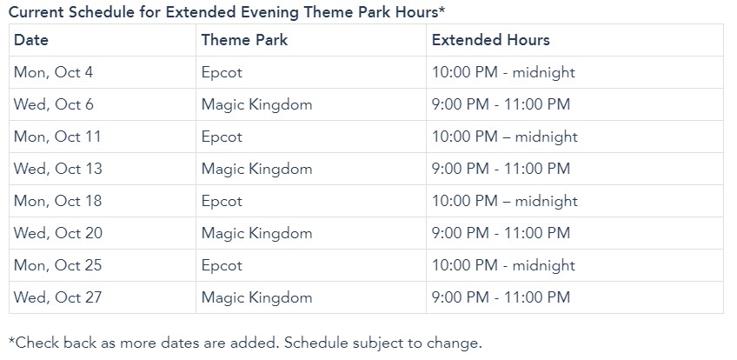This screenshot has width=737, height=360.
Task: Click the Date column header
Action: pos(31,40)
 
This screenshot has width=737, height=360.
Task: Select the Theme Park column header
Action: pos(244,40)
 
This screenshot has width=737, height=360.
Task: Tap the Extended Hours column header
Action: pos(491,40)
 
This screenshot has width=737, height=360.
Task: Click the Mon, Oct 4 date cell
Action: pos(54,72)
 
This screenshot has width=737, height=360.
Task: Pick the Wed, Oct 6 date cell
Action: pos(54,104)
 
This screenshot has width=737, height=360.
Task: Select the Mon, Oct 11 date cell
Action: pos(57,137)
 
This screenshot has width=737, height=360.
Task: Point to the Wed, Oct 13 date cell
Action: pos(58,169)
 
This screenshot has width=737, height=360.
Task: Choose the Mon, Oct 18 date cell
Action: pos(58,201)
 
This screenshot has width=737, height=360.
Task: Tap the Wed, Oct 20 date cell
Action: pos(58,233)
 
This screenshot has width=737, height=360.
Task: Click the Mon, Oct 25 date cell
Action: pos(58,265)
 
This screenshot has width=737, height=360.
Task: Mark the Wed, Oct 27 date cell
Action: pos(58,297)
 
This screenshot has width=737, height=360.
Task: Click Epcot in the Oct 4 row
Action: pos(222,73)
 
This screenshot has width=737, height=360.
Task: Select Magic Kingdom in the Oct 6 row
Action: pos(256,105)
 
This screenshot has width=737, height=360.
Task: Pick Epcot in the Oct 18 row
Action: pos(222,202)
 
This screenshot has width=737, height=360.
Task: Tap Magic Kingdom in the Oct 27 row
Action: pos(256,298)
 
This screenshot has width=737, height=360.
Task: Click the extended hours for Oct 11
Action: pos(505,137)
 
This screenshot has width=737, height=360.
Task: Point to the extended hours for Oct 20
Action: pos(501,233)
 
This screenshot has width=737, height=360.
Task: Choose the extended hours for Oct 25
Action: pos(503,266)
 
